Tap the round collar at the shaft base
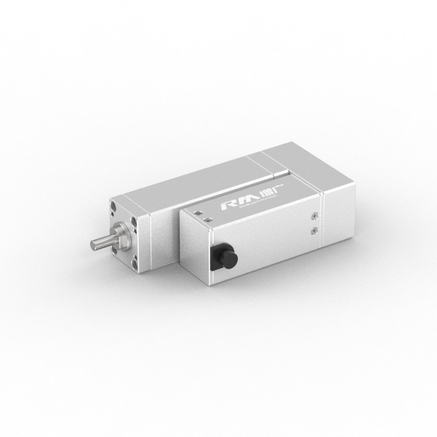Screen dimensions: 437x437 point(117,235)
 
